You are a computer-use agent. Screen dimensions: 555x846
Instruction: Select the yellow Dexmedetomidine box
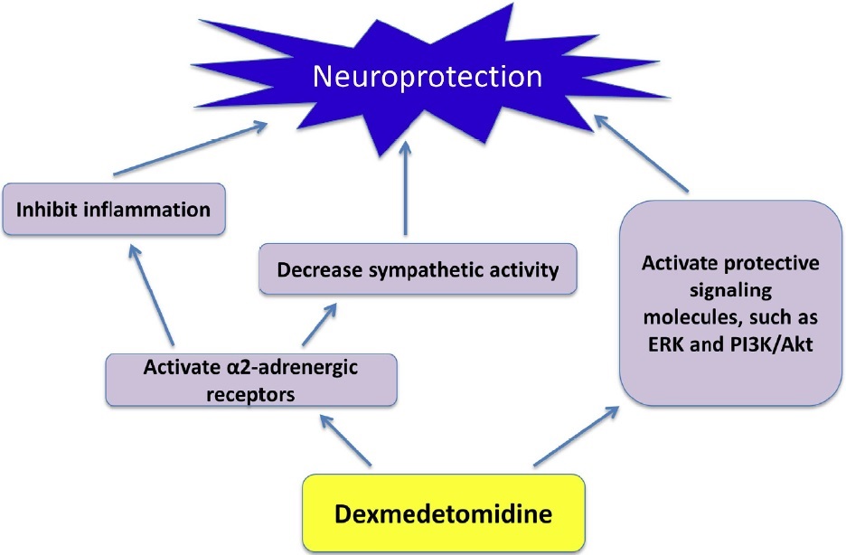pyautogui.click(x=444, y=514)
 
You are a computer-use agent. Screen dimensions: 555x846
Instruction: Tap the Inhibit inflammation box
pyautogui.click(x=112, y=210)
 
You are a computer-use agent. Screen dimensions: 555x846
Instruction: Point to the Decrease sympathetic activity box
pyautogui.click(x=417, y=269)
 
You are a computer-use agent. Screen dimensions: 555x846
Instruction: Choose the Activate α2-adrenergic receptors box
pyautogui.click(x=251, y=379)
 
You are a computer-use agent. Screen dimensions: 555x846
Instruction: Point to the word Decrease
pyautogui.click(x=313, y=269)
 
